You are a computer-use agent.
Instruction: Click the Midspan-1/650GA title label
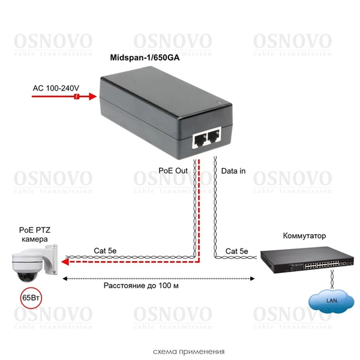145,58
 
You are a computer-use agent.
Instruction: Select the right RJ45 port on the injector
214,137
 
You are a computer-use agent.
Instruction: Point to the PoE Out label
173,171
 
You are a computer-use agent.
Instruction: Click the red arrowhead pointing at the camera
68,261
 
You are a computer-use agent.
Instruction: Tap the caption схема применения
179,351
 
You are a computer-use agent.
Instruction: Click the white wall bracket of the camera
54,255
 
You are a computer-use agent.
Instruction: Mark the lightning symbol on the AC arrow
76,96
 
